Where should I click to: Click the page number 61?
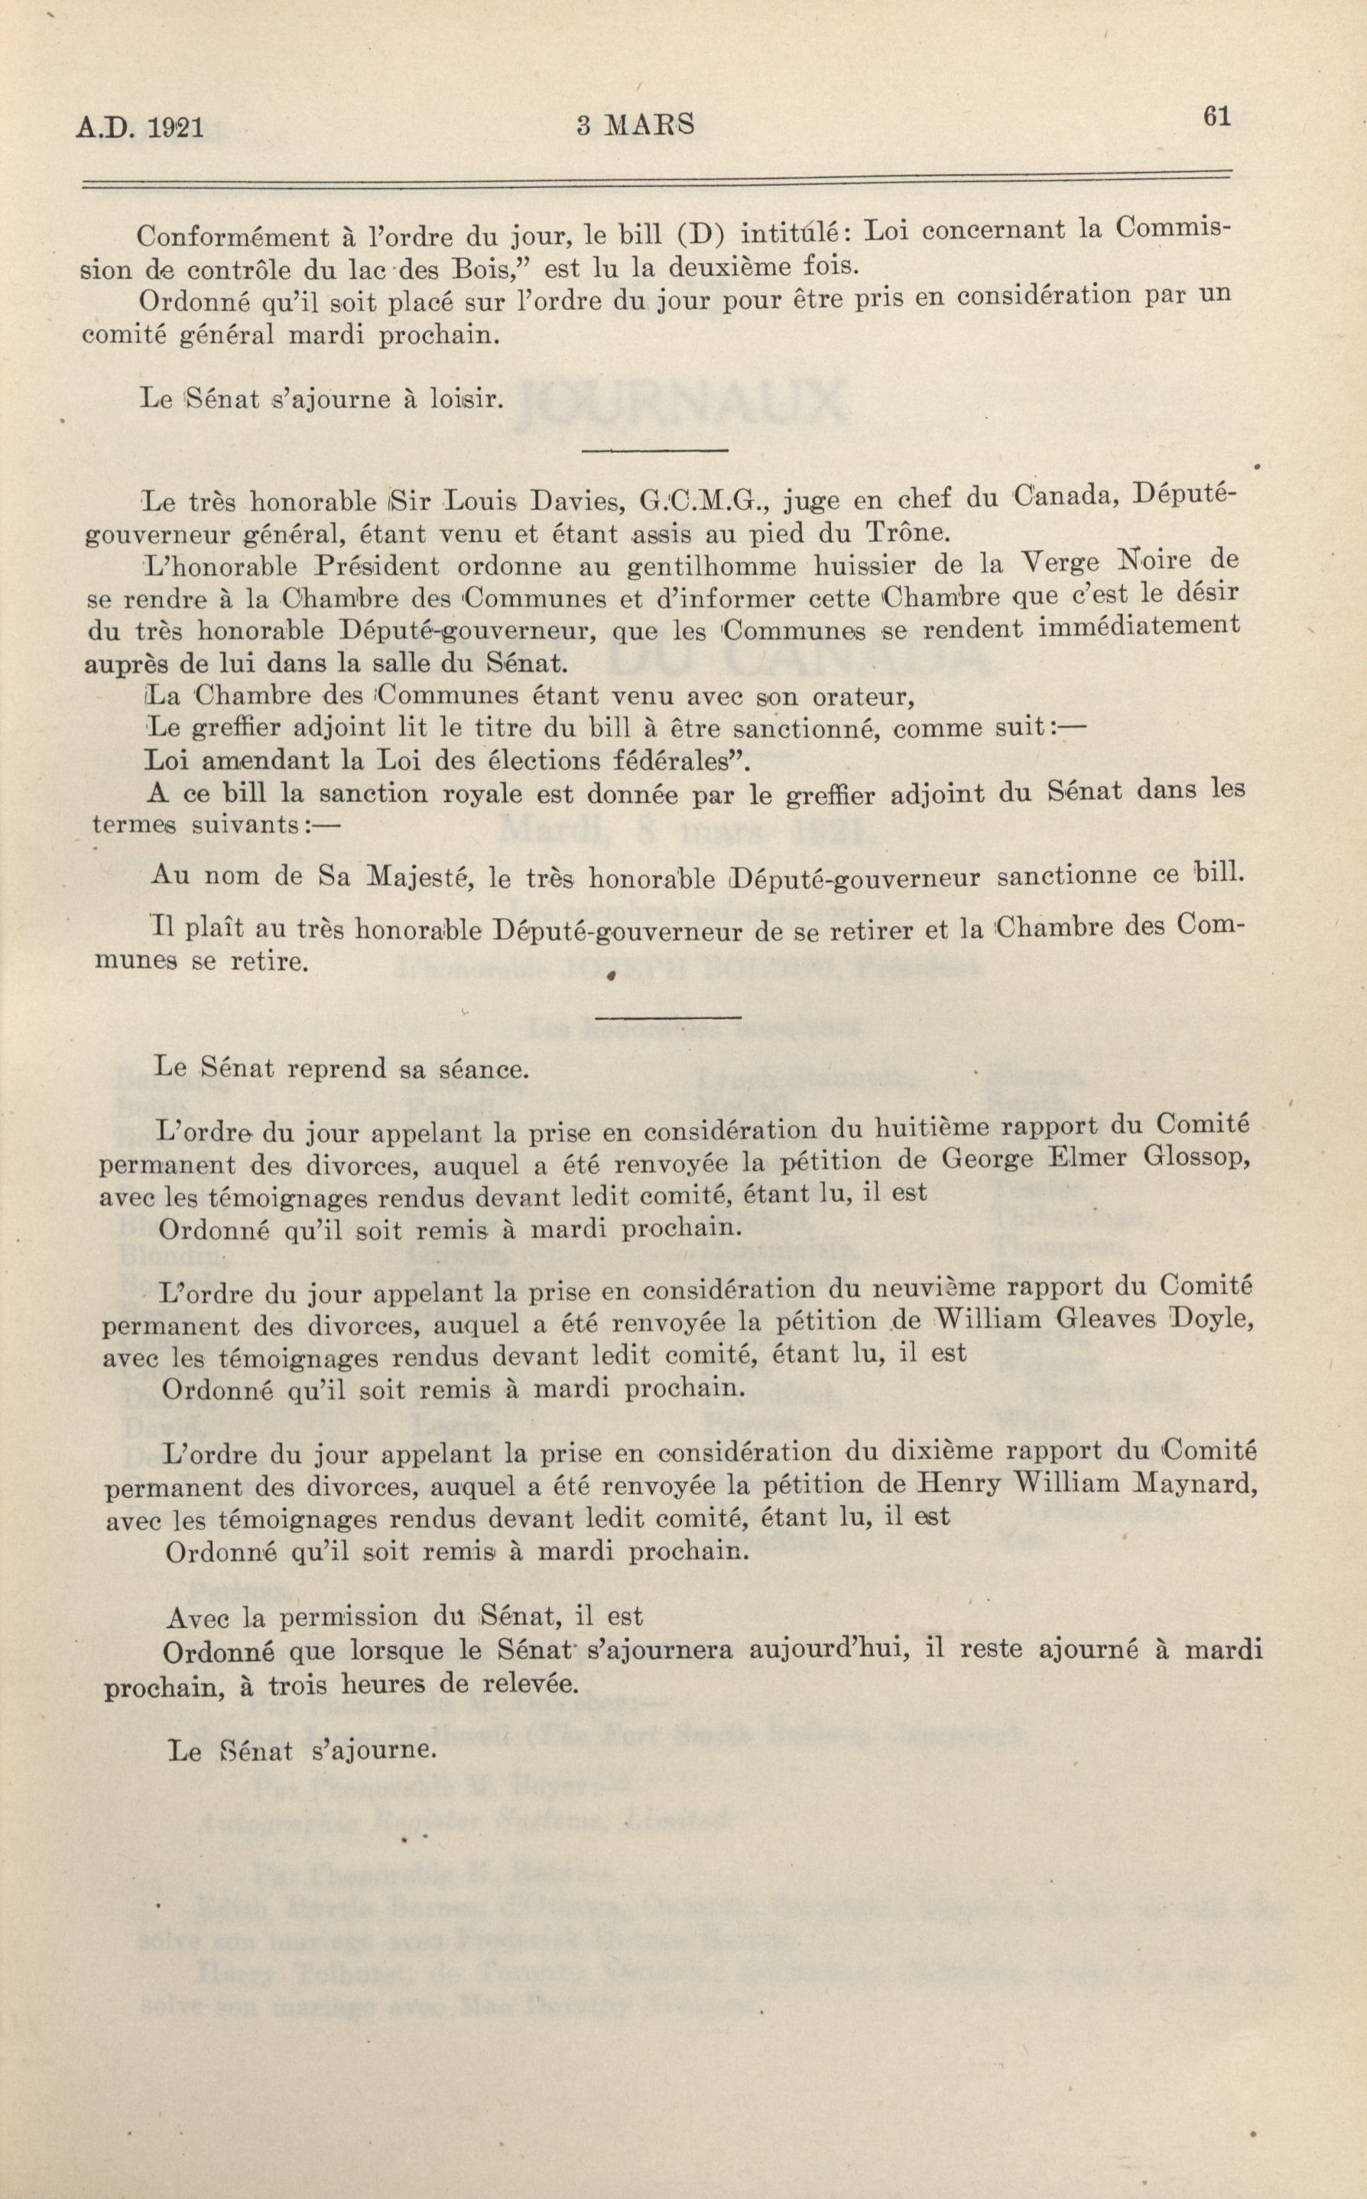pos(1217,117)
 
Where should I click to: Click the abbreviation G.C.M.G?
pos(696,498)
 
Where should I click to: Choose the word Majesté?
pos(414,876)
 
